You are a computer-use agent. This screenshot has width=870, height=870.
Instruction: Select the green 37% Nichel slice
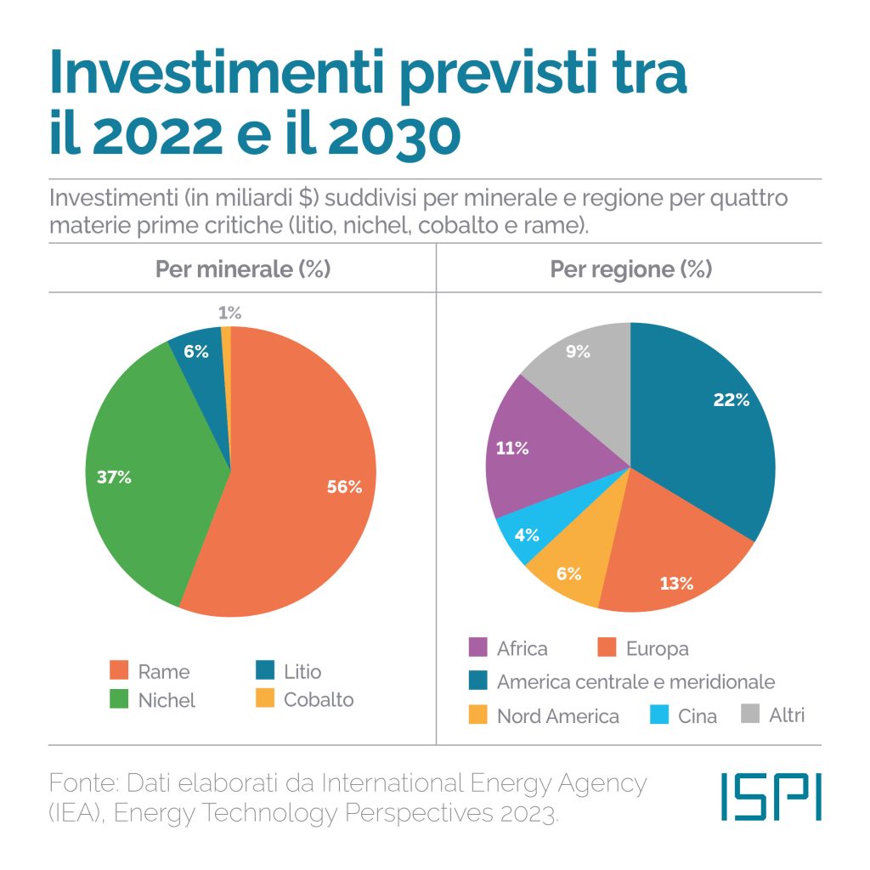[144, 476]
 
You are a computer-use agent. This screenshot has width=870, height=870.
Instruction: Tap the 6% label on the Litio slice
[196, 351]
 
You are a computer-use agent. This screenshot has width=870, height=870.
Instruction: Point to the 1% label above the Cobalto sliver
[229, 313]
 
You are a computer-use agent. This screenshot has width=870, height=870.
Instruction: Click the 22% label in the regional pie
[732, 399]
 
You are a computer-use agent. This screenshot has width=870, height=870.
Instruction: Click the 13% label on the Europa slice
[676, 583]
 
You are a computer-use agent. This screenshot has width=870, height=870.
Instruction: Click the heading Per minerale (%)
[242, 269]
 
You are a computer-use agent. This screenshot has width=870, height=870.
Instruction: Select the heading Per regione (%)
[630, 269]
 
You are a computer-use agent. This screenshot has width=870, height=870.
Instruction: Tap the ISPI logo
[771, 797]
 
